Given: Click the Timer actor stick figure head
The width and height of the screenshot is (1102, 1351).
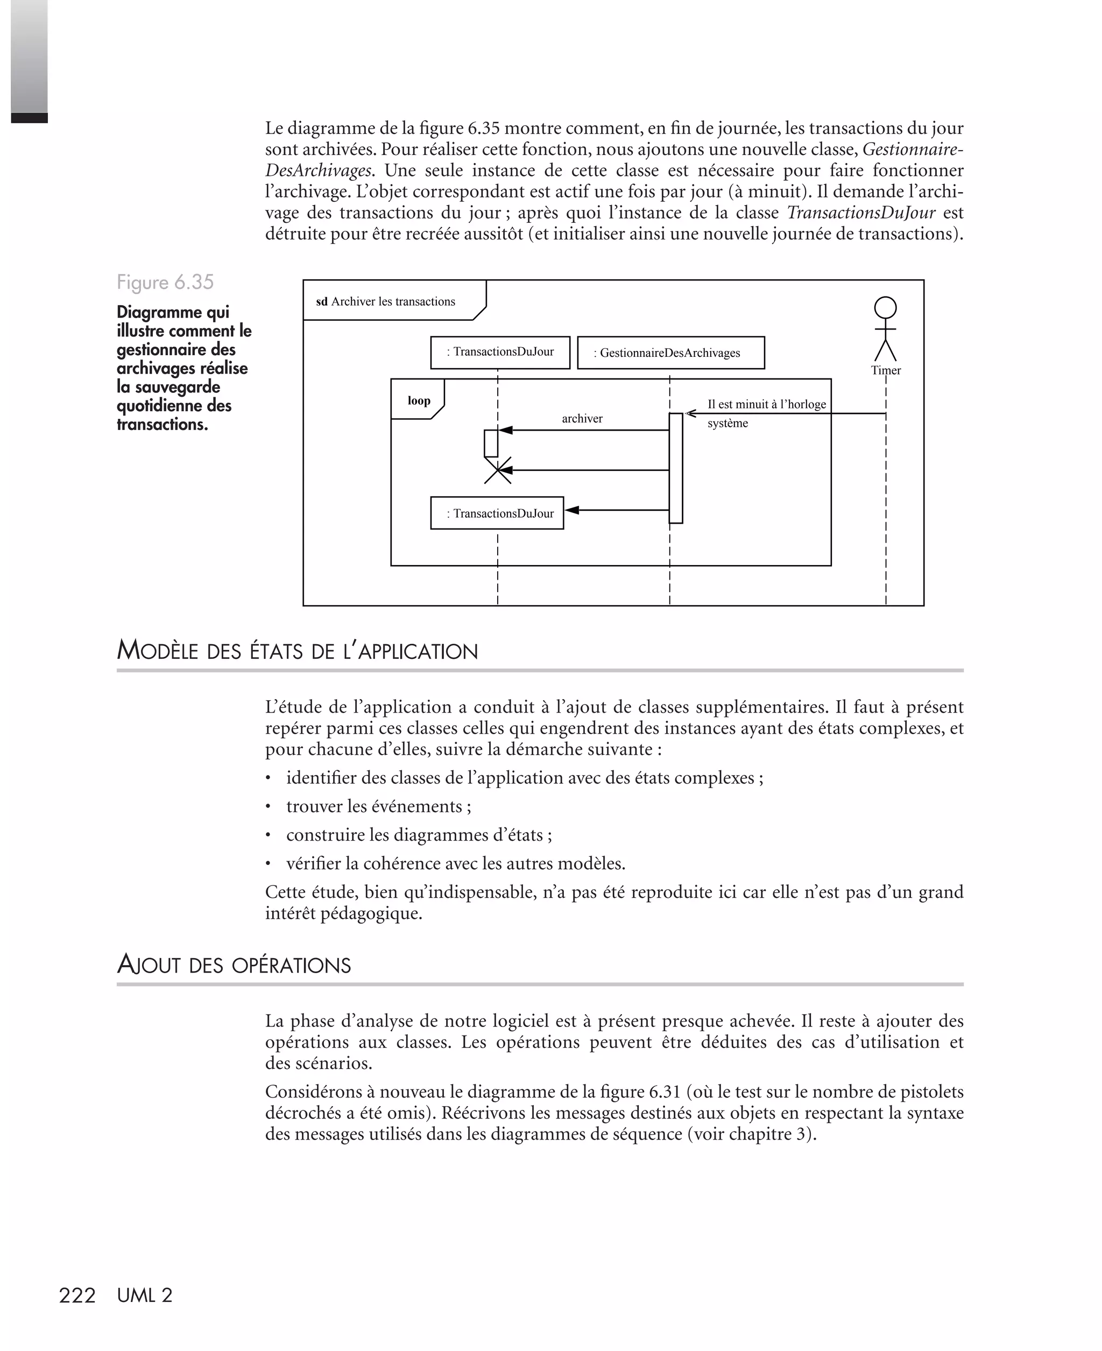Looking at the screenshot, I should [886, 308].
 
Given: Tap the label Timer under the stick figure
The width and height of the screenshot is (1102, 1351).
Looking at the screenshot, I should [886, 370].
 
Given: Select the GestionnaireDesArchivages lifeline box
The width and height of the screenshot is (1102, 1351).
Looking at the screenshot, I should [670, 353].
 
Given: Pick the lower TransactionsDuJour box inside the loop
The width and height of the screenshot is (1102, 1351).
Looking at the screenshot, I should [497, 513].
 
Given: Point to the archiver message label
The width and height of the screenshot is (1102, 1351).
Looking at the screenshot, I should [582, 418].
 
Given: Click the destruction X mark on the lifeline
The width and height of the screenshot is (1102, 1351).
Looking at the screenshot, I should [498, 470].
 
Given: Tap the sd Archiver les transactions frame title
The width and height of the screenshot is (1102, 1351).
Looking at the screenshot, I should [386, 301].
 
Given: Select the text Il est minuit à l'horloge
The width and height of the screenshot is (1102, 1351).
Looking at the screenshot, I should [766, 404].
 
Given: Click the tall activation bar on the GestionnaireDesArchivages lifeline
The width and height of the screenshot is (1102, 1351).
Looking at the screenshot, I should [675, 468].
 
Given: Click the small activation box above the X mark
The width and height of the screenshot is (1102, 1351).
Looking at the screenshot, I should [491, 442].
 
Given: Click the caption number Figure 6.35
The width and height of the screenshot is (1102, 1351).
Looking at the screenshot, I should [165, 282].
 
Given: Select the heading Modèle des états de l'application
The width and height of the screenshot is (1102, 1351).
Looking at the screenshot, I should [297, 651].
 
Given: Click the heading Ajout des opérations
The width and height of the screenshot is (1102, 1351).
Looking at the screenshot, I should [234, 965].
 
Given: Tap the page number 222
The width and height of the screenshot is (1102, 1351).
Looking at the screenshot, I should [77, 1295].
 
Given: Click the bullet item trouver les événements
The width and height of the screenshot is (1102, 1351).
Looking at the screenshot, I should [378, 806].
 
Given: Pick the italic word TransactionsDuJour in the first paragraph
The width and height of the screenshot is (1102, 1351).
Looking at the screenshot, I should [861, 213].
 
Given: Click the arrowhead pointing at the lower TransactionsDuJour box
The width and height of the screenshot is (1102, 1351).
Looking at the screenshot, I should [572, 510].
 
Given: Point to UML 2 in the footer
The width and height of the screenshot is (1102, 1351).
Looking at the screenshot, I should [145, 1295].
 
